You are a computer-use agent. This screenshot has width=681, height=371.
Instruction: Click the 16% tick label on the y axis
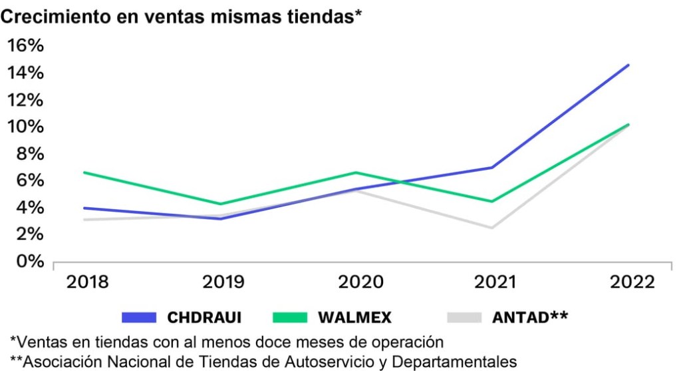[25, 45]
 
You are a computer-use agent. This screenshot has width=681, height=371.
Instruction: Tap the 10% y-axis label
[25, 127]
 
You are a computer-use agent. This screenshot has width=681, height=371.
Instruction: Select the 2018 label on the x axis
[88, 282]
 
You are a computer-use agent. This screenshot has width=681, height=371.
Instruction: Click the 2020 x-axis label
[360, 282]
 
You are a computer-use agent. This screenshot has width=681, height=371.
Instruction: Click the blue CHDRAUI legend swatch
[139, 317]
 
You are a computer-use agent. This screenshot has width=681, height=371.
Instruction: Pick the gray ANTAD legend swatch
[464, 317]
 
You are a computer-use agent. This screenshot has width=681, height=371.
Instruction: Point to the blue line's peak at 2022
[628, 65]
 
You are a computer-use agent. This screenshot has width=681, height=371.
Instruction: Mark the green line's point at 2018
[84, 173]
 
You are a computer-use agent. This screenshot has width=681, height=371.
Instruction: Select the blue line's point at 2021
[492, 167]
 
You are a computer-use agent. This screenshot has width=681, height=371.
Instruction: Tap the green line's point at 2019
[221, 204]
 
